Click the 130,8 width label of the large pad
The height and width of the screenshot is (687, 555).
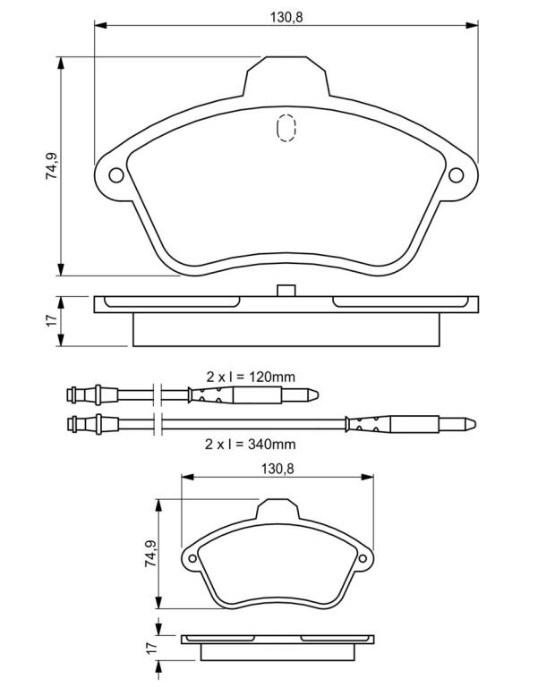tap(286, 17)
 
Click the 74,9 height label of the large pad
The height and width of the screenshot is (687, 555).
tap(52, 165)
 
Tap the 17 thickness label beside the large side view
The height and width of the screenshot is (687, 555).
tap(52, 320)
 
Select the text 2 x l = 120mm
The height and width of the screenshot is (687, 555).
tap(251, 377)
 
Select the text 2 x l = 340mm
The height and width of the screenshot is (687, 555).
tap(251, 444)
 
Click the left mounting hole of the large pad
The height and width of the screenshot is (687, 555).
tap(116, 175)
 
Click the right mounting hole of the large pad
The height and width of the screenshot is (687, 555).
tap(456, 175)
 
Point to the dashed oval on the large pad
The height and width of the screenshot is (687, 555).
tap(286, 128)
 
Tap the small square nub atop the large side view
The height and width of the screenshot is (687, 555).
tap(286, 291)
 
